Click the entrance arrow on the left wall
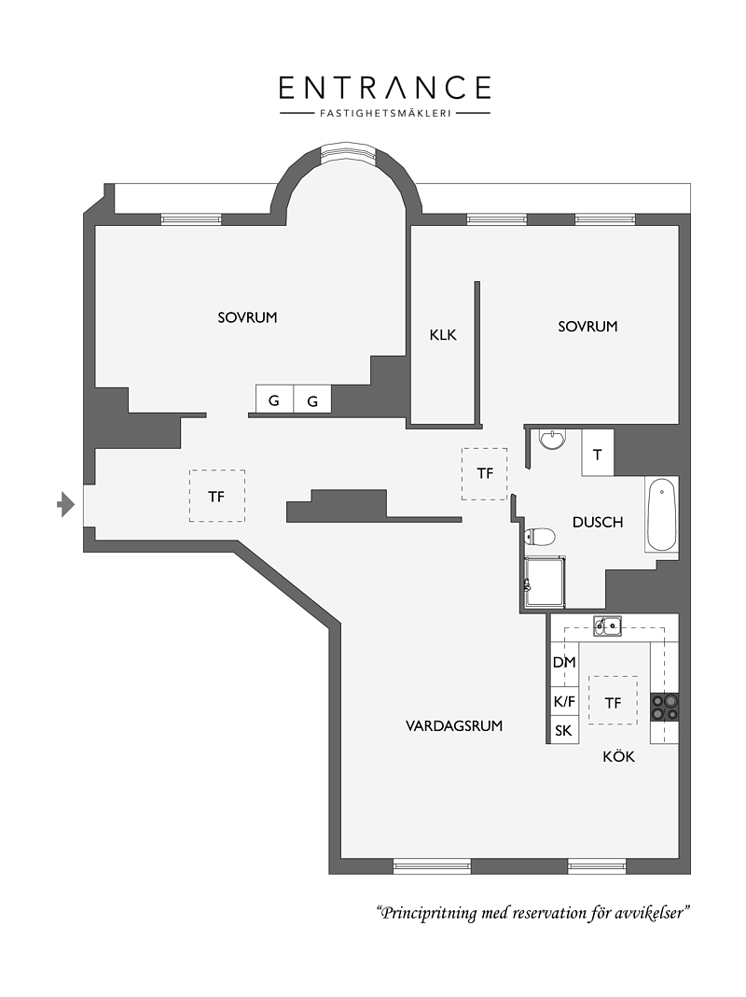pyautogui.click(x=66, y=505)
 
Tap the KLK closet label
pyautogui.click(x=443, y=334)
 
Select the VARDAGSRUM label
pyautogui.click(x=454, y=725)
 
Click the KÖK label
pyautogui.click(x=619, y=756)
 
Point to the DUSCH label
pyautogui.click(x=598, y=522)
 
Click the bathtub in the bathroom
pyautogui.click(x=661, y=515)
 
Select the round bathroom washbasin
pyautogui.click(x=552, y=440)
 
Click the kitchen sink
pyautogui.click(x=607, y=626)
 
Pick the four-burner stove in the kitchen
pyautogui.click(x=664, y=707)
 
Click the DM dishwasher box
pyautogui.click(x=564, y=663)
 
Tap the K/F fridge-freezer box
pyautogui.click(x=564, y=702)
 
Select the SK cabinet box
pyautogui.click(x=564, y=731)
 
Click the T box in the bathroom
pyautogui.click(x=598, y=453)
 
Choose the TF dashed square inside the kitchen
pyautogui.click(x=613, y=700)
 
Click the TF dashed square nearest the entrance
pyautogui.click(x=216, y=496)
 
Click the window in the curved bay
pyautogui.click(x=349, y=153)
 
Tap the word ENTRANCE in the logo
pyautogui.click(x=385, y=88)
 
